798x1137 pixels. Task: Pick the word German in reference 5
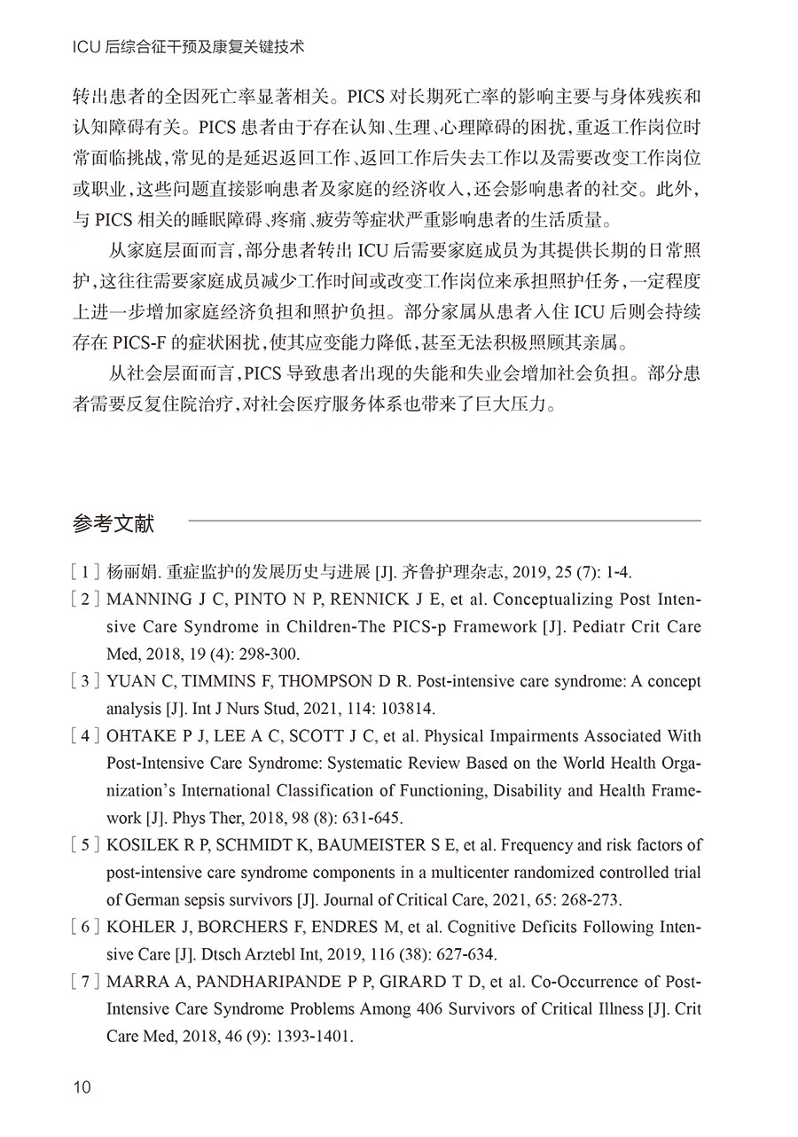[151, 900]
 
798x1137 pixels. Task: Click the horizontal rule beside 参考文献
[443, 521]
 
